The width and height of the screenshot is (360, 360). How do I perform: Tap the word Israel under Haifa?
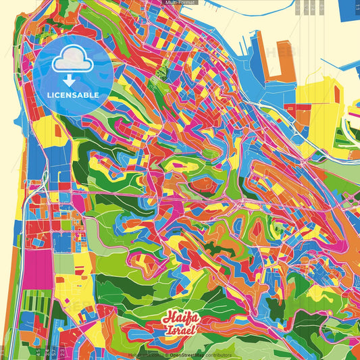click(180, 330)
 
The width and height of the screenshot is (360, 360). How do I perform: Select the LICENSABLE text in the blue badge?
click(73, 95)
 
